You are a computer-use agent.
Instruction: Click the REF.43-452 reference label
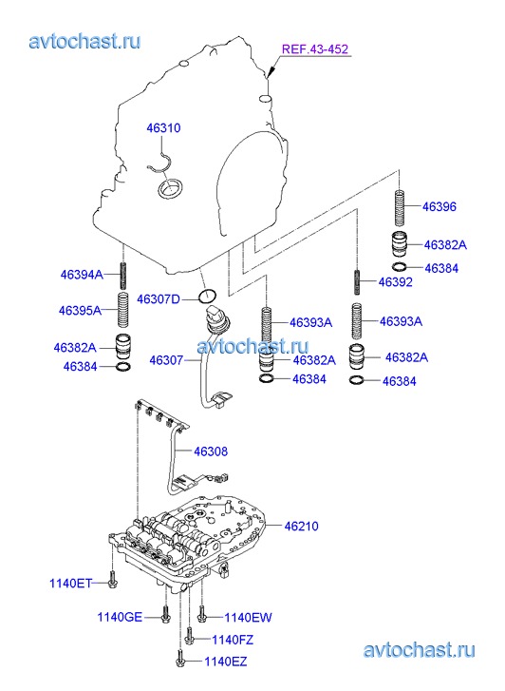[x=315, y=48]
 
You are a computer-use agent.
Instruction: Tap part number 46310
[x=163, y=127]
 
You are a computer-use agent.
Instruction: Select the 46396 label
[x=440, y=206]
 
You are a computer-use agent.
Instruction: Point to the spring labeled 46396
[x=400, y=207]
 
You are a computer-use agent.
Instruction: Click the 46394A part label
[x=82, y=275]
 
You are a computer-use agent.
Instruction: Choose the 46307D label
[x=159, y=299]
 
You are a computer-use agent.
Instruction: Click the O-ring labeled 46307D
[x=207, y=297]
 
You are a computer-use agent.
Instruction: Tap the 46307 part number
[x=166, y=360]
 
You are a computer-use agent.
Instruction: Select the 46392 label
[x=396, y=282]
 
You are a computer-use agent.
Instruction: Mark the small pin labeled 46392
[x=357, y=282]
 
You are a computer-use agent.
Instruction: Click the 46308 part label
[x=211, y=451]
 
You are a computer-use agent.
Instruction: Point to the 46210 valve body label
[x=301, y=526]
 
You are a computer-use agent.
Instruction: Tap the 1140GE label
[x=120, y=617]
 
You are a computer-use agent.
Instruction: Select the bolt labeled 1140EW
[x=201, y=614]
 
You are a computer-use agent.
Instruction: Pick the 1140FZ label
[x=233, y=640]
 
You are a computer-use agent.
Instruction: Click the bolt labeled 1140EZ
[x=181, y=659]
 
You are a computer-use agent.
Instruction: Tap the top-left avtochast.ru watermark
[x=85, y=42]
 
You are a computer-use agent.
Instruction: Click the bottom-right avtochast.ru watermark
[x=420, y=650]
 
